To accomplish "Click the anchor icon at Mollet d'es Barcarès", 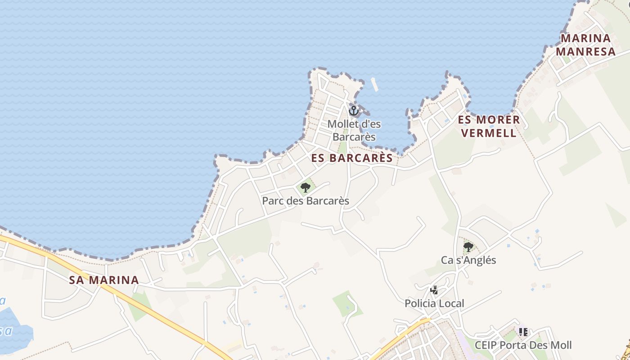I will point(354,110).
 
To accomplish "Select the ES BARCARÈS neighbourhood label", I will point(352,158).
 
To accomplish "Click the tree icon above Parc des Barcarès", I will point(306,187).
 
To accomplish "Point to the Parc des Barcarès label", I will point(306,201).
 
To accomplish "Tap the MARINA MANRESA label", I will point(585,45).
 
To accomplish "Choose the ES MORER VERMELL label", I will point(489,126).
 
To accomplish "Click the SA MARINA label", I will point(104,280).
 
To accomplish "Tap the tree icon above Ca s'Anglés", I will point(468,247).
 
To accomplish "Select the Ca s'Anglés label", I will point(468,260).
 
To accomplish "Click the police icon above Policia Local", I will point(434,290).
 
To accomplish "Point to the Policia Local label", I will point(434,304).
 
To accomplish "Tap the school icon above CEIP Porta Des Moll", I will point(523,332).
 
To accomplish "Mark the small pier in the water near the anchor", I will point(374,84).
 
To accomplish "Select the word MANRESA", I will point(585,51).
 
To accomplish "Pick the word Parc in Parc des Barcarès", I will point(273,201).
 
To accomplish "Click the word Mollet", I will point(341,123).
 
